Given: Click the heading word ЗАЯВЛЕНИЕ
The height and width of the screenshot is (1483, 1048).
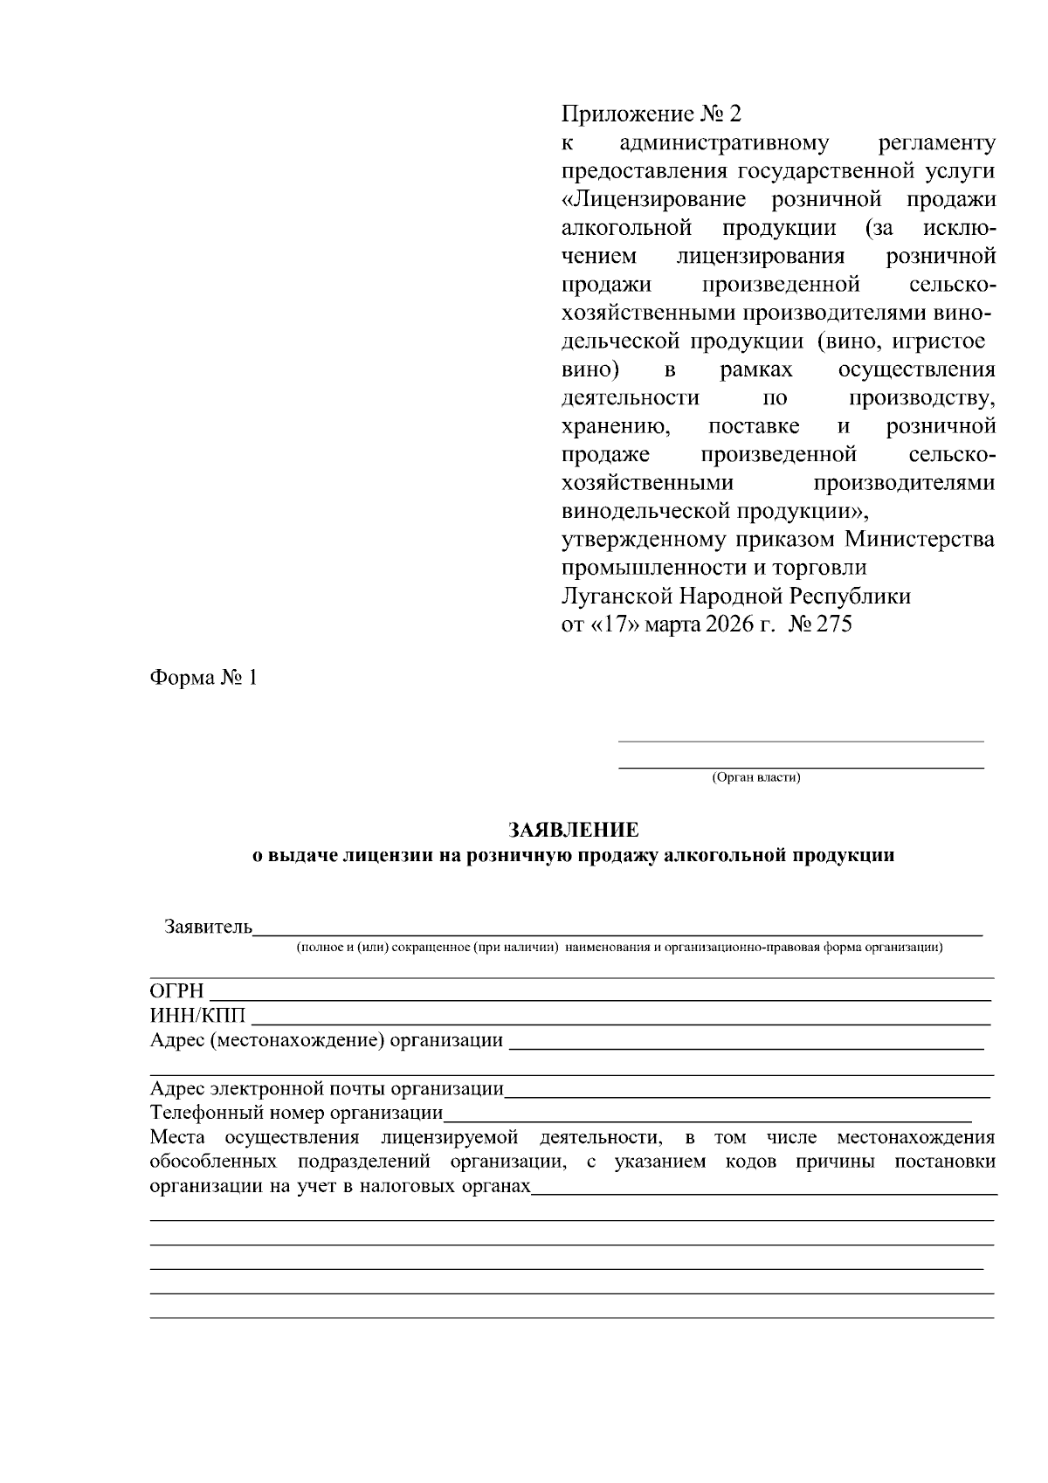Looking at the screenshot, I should click(x=574, y=829).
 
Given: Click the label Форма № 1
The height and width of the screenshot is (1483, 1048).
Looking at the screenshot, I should click(x=204, y=679).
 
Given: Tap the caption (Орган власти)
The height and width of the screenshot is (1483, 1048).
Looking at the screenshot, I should click(x=756, y=777).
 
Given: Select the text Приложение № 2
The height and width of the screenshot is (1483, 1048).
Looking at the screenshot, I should click(x=651, y=115).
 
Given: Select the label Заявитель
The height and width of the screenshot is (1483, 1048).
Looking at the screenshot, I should click(x=208, y=927).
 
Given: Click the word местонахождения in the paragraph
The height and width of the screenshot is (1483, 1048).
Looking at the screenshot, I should click(x=915, y=1138).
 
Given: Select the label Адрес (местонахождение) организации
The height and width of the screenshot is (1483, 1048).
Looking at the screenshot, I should click(x=327, y=1041).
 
